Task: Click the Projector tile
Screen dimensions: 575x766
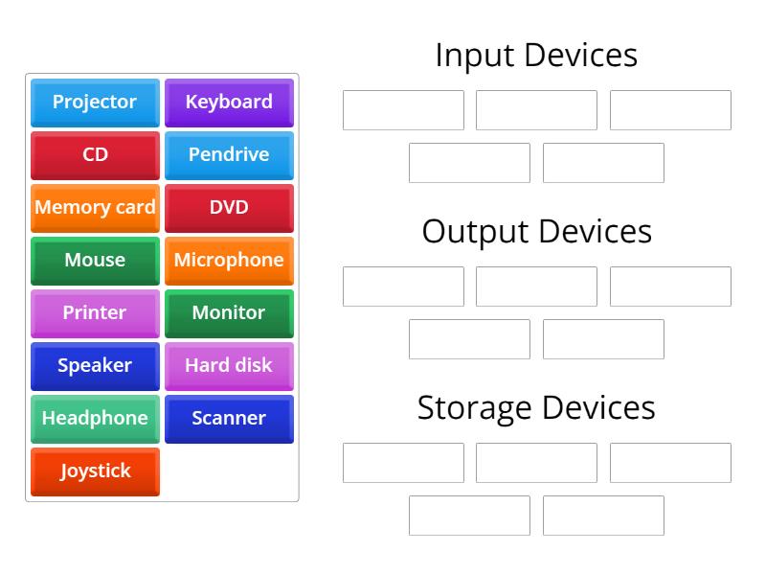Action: [x=95, y=103]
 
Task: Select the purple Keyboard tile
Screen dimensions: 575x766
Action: [x=229, y=103]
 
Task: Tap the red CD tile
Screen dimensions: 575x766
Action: [x=95, y=155]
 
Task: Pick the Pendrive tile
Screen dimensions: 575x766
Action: [x=229, y=155]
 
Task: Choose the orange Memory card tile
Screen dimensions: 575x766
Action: [x=95, y=208]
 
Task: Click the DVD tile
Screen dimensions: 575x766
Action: [x=229, y=208]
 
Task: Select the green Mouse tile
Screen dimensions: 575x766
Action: [x=95, y=261]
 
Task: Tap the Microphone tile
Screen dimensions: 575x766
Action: [x=229, y=261]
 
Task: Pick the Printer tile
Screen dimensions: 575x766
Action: [x=95, y=313]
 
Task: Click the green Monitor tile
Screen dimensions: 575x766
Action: [x=229, y=313]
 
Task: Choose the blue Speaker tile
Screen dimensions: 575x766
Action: [x=95, y=366]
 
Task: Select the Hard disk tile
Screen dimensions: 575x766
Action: [x=229, y=366]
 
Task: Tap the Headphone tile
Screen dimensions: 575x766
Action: [x=95, y=419]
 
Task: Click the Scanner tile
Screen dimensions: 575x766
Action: [x=229, y=419]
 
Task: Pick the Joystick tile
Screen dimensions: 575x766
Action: [x=95, y=471]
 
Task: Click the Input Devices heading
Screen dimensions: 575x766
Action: [x=536, y=56]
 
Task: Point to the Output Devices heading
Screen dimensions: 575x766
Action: [x=536, y=232]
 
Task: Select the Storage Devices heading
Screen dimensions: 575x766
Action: [x=536, y=408]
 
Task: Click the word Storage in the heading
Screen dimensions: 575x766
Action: [x=475, y=408]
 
